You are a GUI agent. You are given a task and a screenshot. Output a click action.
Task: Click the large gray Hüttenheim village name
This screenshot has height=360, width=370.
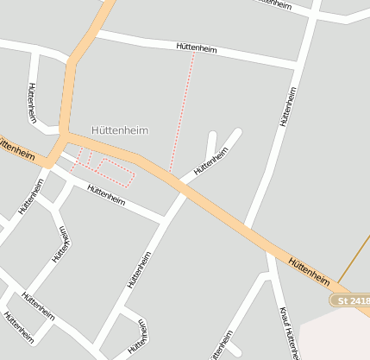[120, 130]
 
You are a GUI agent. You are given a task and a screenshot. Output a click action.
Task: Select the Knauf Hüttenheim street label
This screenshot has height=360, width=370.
[289, 332]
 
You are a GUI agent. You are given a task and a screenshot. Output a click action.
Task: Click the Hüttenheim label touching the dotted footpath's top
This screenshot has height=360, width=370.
[196, 48]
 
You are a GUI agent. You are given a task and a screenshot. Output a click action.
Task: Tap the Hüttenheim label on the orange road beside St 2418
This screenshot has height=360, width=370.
[309, 270]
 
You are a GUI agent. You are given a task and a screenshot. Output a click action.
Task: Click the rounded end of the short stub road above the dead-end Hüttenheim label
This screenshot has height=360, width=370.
[212, 135]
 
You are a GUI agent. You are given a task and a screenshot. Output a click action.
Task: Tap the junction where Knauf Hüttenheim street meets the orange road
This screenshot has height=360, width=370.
[269, 251]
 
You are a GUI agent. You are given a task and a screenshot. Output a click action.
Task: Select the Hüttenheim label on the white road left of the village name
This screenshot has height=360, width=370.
[32, 102]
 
